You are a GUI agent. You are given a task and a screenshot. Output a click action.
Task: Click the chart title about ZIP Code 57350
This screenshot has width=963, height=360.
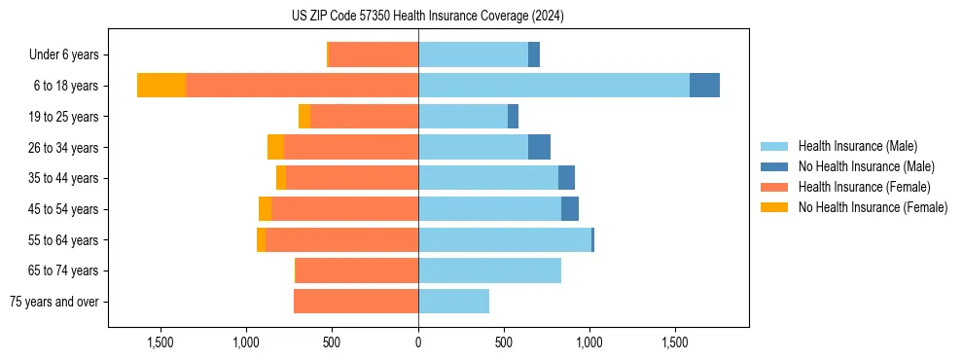click(427, 16)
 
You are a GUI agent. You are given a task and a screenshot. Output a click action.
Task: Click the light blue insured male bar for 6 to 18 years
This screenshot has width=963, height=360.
click(553, 86)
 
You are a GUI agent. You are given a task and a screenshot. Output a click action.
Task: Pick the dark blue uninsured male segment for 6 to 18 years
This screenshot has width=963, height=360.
click(704, 86)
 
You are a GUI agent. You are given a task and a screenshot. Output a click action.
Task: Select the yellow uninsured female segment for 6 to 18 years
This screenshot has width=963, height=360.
click(161, 86)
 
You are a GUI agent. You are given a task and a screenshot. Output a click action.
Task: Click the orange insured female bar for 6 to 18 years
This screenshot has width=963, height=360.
click(302, 86)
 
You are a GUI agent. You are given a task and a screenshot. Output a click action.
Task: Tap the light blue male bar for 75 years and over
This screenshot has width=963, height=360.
click(453, 302)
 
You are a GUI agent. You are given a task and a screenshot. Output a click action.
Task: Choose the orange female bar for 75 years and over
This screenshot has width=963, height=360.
click(356, 302)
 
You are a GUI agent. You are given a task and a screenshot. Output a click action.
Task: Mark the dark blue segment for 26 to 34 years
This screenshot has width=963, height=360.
click(539, 148)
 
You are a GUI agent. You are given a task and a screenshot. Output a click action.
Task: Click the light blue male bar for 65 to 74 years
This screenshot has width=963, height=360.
click(489, 270)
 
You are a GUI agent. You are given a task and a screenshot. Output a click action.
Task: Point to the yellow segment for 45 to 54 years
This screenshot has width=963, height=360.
click(265, 209)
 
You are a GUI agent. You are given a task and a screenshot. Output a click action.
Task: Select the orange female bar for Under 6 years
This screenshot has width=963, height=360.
click(374, 55)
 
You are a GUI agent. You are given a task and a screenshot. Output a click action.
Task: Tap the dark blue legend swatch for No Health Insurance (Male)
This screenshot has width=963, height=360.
click(774, 166)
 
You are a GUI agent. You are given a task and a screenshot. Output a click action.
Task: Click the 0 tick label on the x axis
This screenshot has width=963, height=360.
click(418, 342)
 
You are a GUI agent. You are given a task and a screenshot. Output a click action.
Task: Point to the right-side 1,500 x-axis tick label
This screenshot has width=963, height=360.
click(675, 342)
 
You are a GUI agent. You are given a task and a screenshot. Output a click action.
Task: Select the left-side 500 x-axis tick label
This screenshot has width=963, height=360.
click(332, 342)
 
